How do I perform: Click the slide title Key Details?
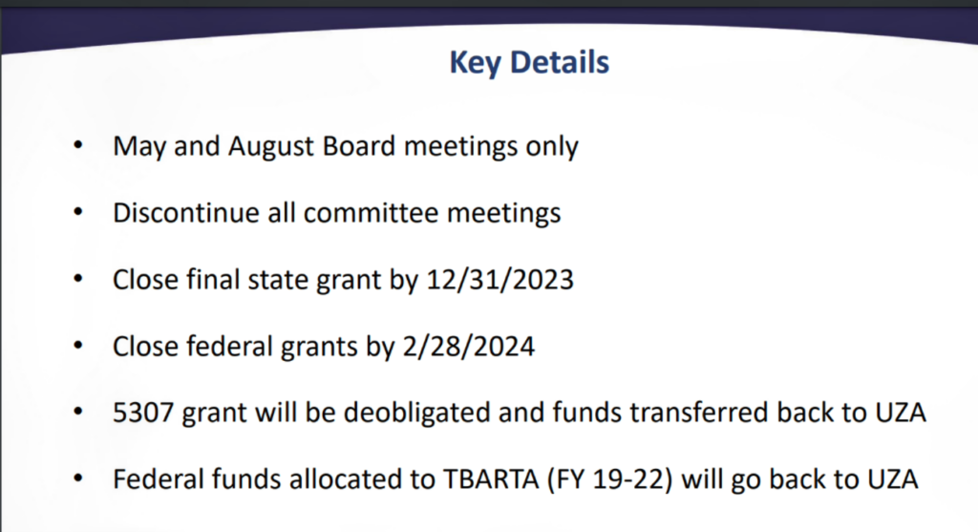pyautogui.click(x=529, y=63)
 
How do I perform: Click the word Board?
pyautogui.click(x=359, y=146)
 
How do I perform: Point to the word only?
pyautogui.click(x=551, y=147)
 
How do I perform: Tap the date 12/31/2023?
pyautogui.click(x=499, y=280)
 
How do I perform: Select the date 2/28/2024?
pyautogui.click(x=468, y=346)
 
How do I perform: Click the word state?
pyautogui.click(x=278, y=280)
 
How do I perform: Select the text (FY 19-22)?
pyautogui.click(x=610, y=479)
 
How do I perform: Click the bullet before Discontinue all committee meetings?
pyautogui.click(x=78, y=212)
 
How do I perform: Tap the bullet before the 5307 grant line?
pyautogui.click(x=78, y=412)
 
